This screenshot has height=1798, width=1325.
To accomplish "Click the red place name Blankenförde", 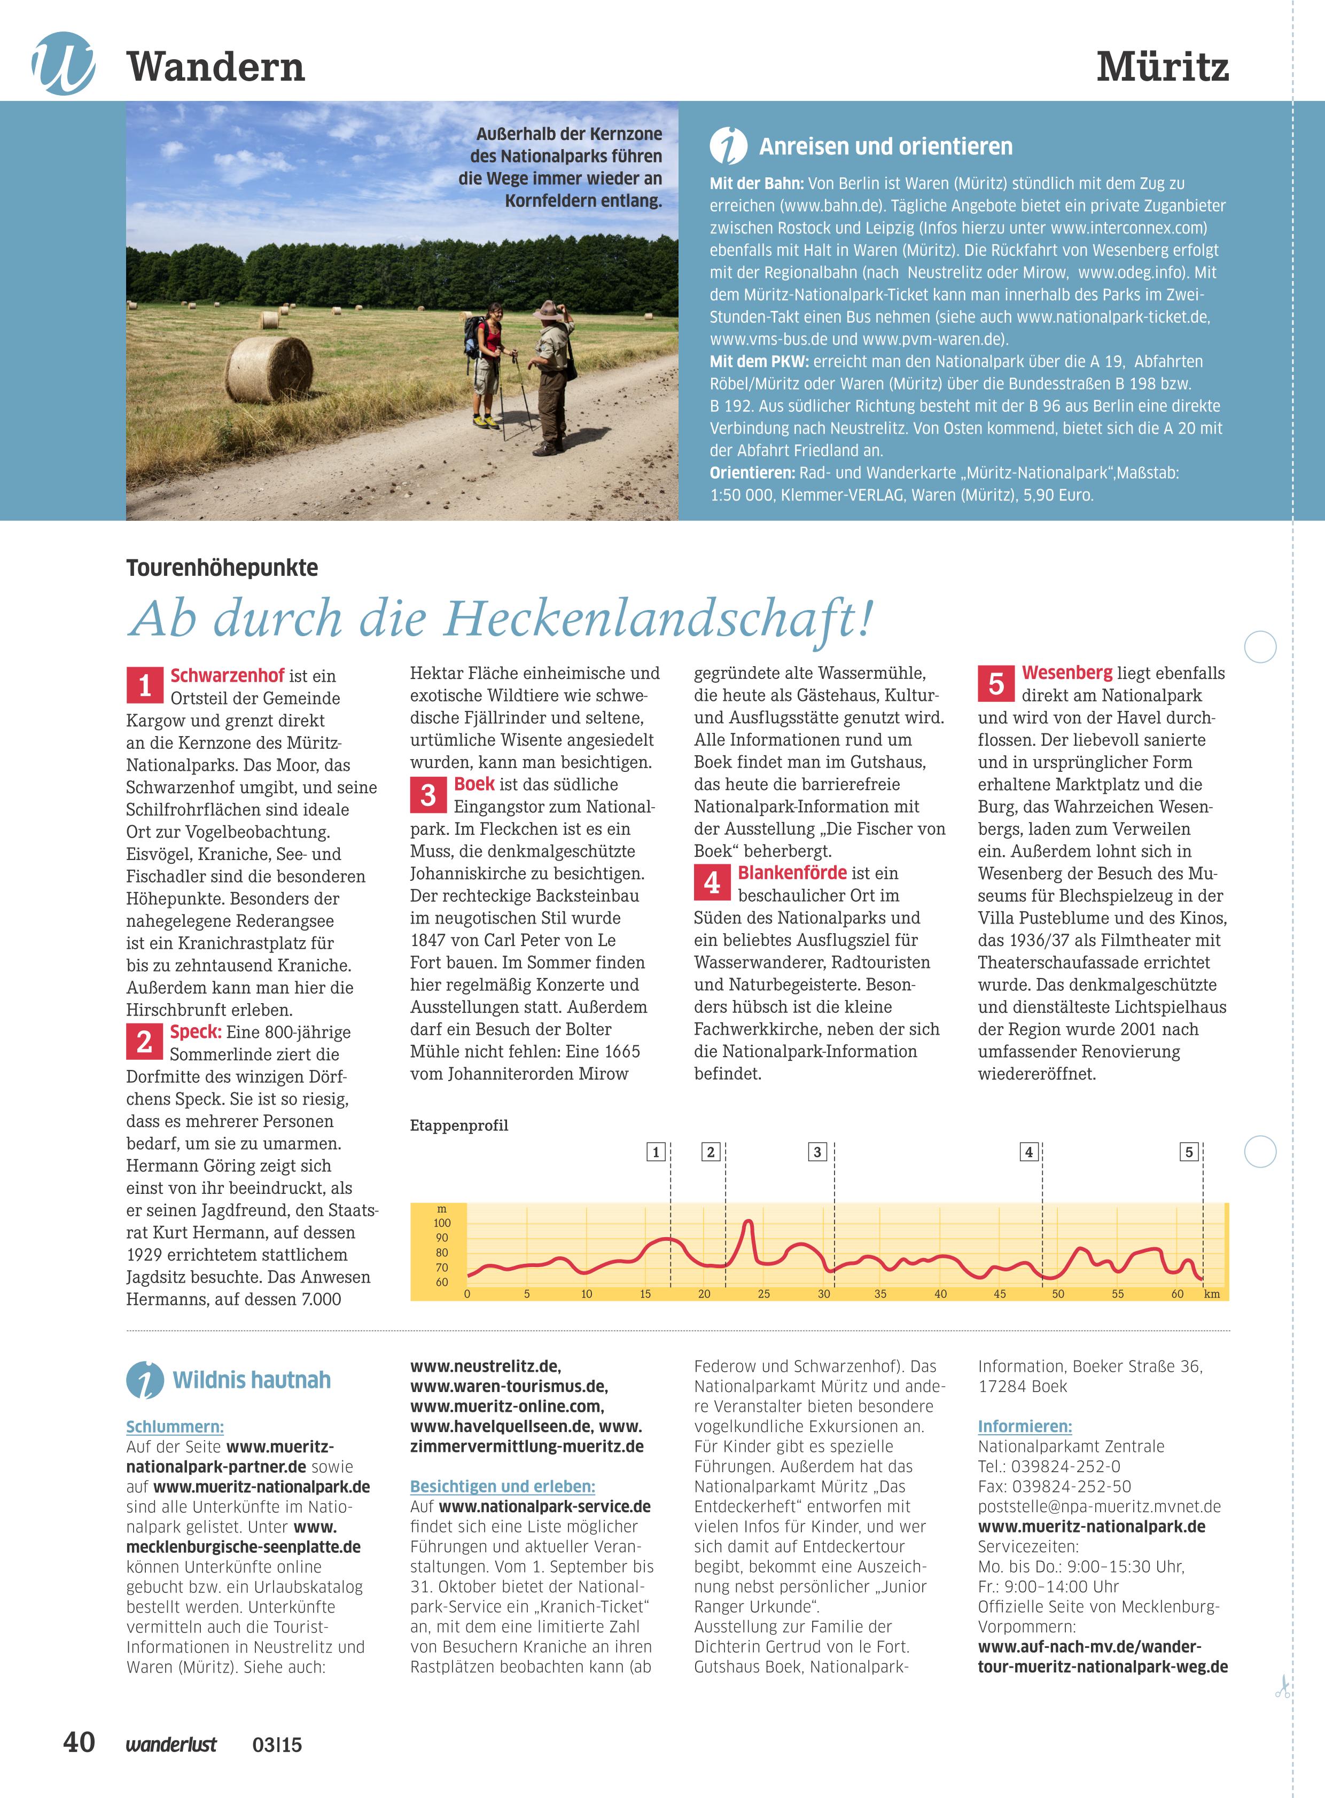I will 792,872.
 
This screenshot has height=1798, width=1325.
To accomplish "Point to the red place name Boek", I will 474,784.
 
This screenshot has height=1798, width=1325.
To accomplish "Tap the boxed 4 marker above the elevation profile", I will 1029,1152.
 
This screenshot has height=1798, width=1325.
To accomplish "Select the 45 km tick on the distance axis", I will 1000,1294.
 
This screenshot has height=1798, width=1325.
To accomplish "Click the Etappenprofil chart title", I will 459,1125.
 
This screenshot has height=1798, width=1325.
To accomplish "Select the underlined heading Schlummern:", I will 175,1427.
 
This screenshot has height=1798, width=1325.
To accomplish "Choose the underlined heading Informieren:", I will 1024,1427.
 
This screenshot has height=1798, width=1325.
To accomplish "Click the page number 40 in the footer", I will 79,1742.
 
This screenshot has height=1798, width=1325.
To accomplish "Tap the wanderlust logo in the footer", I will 171,1744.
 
